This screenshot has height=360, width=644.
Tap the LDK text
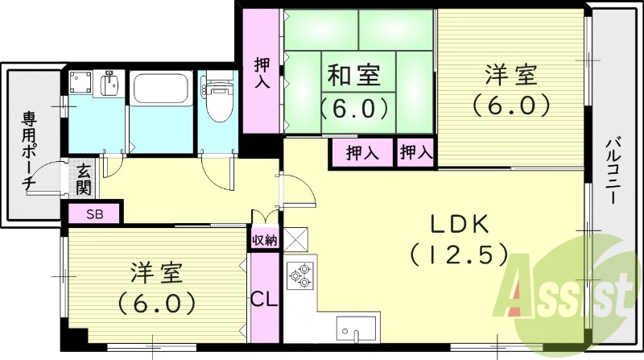458,223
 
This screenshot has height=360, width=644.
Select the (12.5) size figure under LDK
458,255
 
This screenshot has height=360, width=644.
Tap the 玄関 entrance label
84,180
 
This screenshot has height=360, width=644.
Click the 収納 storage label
264,239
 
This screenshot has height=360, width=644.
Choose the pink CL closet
264,299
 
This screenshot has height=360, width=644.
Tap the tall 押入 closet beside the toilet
262,72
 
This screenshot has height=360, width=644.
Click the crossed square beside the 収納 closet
294,239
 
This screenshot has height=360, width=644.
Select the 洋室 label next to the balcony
510,77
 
